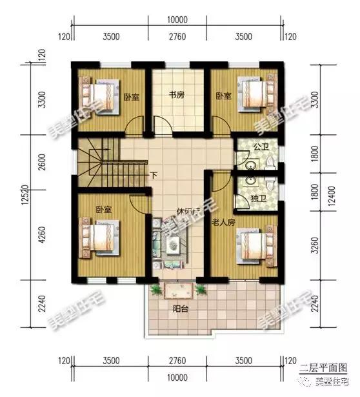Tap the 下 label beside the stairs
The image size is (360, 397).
pos(153,174)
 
